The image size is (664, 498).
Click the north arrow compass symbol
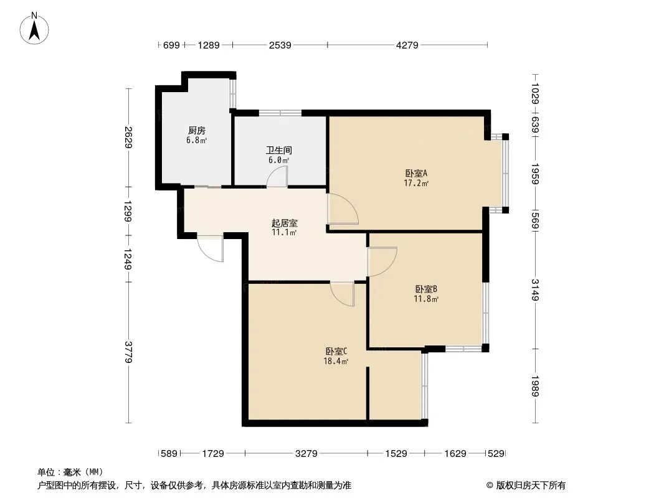[34, 29]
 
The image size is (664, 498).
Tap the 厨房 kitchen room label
[197, 130]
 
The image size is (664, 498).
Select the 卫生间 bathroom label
[279, 150]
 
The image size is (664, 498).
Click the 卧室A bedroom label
[416, 174]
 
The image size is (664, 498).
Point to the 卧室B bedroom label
[426, 289]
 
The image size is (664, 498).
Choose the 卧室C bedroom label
[336, 352]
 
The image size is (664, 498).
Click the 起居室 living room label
[284, 223]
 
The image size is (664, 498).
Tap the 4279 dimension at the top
[407, 45]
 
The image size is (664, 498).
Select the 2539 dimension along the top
[280, 45]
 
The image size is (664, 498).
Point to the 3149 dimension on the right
[535, 290]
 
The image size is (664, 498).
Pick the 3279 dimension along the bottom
[306, 454]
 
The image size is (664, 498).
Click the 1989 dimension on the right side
[535, 386]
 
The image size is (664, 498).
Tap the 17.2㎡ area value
[416, 183]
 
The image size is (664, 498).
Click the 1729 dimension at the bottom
[213, 454]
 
